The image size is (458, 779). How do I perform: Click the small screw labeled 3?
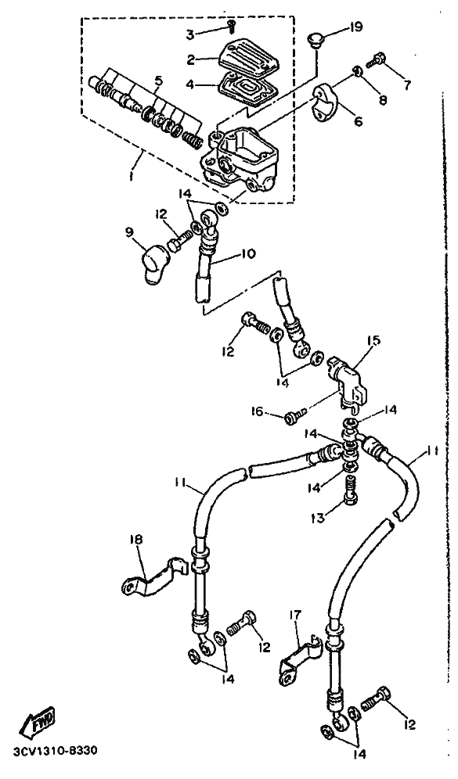point(231,25)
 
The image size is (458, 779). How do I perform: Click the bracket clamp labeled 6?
point(326,102)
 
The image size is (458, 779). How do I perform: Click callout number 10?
point(247,254)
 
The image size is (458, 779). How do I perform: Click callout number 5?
point(158,80)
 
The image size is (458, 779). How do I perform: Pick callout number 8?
point(382,100)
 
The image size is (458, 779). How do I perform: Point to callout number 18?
point(136,539)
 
